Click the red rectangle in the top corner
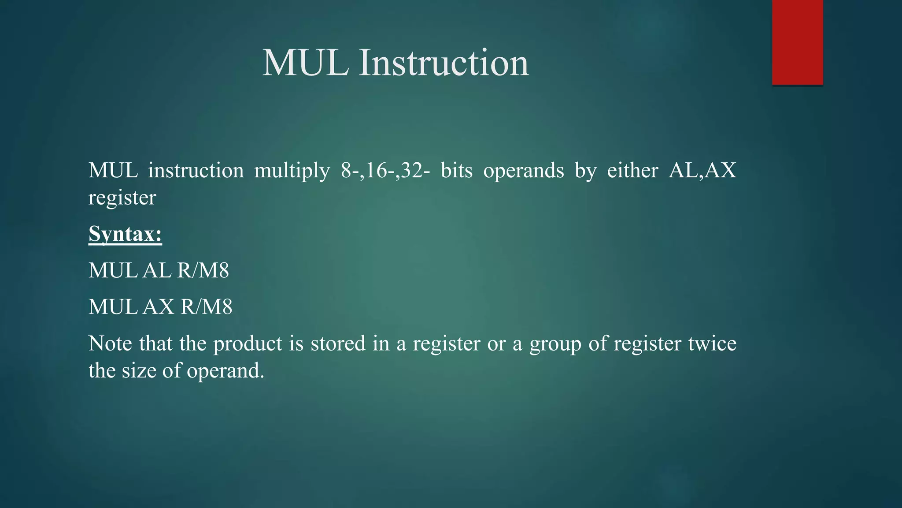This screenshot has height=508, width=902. point(797,42)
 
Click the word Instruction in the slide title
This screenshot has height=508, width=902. point(444,63)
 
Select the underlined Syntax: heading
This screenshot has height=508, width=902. point(125,234)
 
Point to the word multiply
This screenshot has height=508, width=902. point(292,171)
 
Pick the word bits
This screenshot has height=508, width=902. point(456,171)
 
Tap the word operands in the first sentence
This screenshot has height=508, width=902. point(523,171)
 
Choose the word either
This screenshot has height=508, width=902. point(632,171)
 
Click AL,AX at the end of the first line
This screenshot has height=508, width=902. point(702,171)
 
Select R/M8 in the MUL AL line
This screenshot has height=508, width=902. point(203,270)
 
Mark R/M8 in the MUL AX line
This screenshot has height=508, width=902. point(207,307)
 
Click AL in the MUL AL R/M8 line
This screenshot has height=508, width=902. point(157,270)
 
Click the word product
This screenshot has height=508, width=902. point(248,344)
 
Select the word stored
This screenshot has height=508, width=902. point(338,344)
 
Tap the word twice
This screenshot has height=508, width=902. point(712,344)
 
